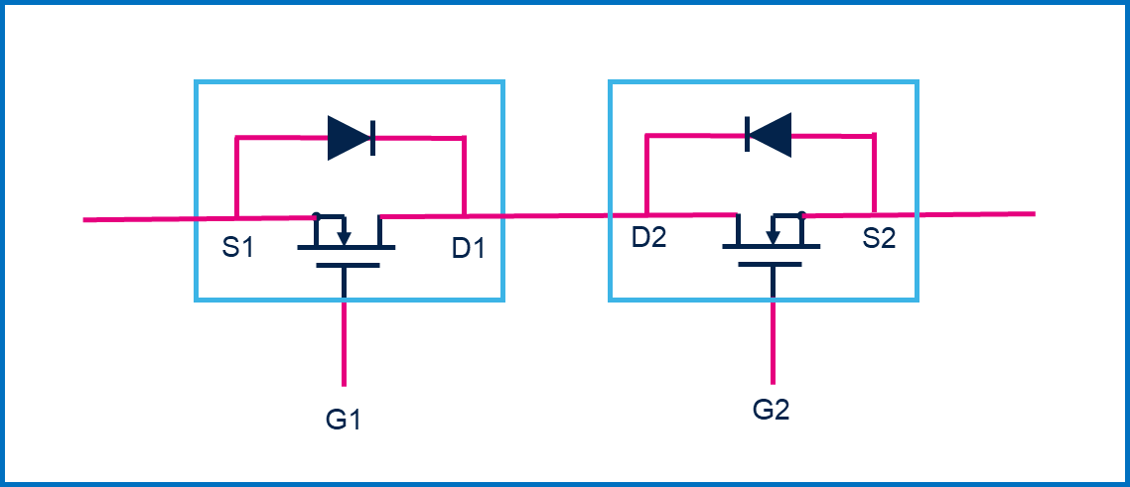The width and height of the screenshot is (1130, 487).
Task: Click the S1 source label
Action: coord(238,246)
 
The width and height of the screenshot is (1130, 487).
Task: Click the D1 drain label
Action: coord(469,247)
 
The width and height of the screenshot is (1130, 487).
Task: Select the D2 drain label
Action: coord(648,238)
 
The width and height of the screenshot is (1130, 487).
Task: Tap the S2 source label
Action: coord(879,238)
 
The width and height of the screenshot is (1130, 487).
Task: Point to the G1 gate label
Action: coord(343,420)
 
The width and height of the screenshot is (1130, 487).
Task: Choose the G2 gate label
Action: coord(772,410)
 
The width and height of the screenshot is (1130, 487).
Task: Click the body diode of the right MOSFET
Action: coord(769,134)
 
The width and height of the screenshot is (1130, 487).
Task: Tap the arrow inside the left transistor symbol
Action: coord(344,237)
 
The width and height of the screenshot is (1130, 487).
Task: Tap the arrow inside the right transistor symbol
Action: coord(773,236)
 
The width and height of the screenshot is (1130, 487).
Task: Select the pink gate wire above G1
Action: coord(344,342)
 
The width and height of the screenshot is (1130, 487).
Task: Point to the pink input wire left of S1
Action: coord(139,218)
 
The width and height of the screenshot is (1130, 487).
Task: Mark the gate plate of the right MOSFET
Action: coord(763,264)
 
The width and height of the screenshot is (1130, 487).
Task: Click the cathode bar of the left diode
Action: coord(371,137)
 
